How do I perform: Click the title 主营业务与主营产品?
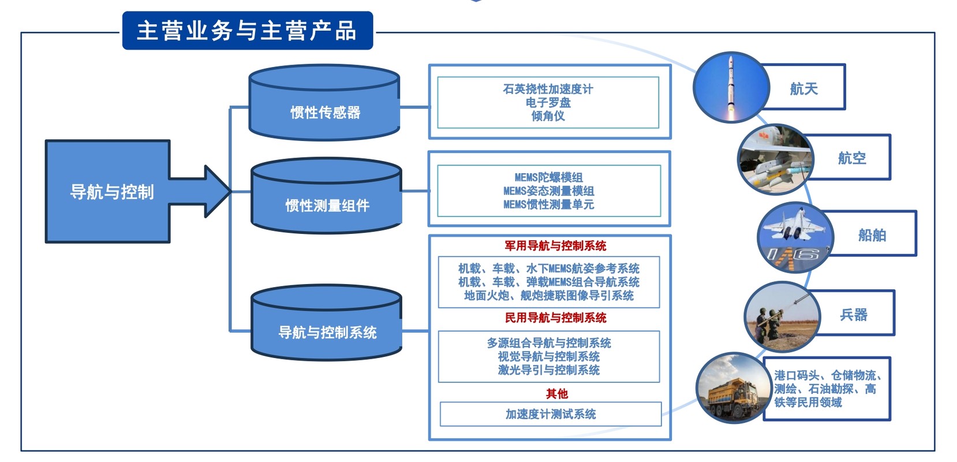click(x=247, y=31)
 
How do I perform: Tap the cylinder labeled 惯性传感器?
click(x=324, y=103)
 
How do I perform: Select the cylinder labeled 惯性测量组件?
click(x=326, y=196)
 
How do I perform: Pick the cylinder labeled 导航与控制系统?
click(x=326, y=323)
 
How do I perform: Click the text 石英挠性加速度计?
click(x=548, y=89)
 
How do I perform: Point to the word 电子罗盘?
click(x=548, y=103)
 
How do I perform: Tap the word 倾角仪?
click(x=548, y=116)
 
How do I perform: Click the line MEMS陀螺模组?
click(x=549, y=177)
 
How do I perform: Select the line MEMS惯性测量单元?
click(x=549, y=204)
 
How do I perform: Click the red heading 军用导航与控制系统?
click(x=555, y=246)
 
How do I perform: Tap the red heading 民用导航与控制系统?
click(x=555, y=318)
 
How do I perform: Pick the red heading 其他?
click(x=557, y=394)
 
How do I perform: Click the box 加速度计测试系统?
click(x=551, y=413)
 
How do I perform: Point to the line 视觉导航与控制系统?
click(x=549, y=356)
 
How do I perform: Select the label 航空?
click(x=852, y=158)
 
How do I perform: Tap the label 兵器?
click(x=854, y=315)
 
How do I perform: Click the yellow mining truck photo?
click(x=731, y=388)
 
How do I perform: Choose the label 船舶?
click(x=872, y=235)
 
